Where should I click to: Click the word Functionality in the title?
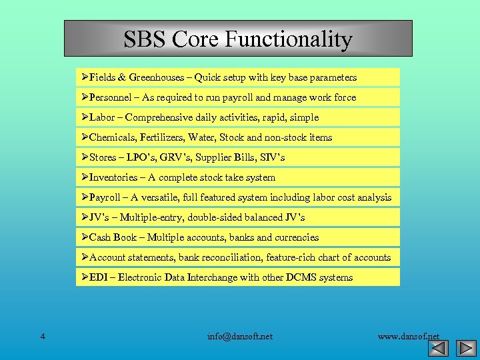click(x=288, y=39)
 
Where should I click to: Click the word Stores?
click(x=103, y=157)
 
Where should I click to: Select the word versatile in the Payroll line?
click(x=163, y=197)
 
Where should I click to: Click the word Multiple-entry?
click(x=151, y=217)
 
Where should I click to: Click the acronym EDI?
click(x=99, y=277)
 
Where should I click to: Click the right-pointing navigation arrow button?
click(x=465, y=348)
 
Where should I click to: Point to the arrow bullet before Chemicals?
click(x=85, y=137)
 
